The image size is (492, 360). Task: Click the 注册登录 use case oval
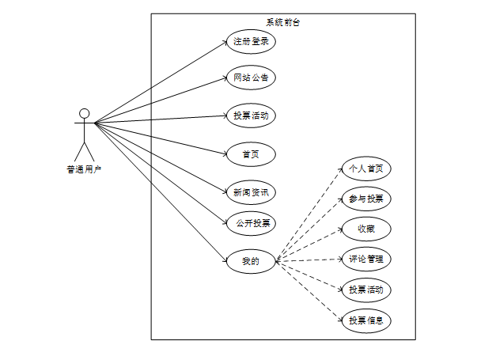tap(251, 42)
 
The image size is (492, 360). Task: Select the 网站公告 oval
tap(251, 78)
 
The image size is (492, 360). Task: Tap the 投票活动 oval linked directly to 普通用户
tap(251, 116)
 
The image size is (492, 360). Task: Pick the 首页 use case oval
tap(251, 153)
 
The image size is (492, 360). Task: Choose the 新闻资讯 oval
tap(251, 191)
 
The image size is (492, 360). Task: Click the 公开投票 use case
tap(251, 223)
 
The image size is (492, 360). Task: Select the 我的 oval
tap(251, 260)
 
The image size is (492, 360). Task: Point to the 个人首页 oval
tap(365, 169)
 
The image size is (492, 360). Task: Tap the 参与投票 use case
tap(365, 199)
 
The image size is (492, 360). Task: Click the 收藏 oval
tap(365, 229)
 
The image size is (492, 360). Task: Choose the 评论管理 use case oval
tap(365, 259)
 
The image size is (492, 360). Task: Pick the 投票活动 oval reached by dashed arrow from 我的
tap(365, 290)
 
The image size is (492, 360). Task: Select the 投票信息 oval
tap(365, 320)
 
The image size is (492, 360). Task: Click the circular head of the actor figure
tap(84, 113)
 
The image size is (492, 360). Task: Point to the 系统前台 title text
tap(282, 22)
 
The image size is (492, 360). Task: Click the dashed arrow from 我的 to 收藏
tap(309, 244)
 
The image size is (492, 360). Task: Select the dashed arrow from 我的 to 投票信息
tap(309, 290)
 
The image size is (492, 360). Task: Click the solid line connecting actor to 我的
tap(158, 189)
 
